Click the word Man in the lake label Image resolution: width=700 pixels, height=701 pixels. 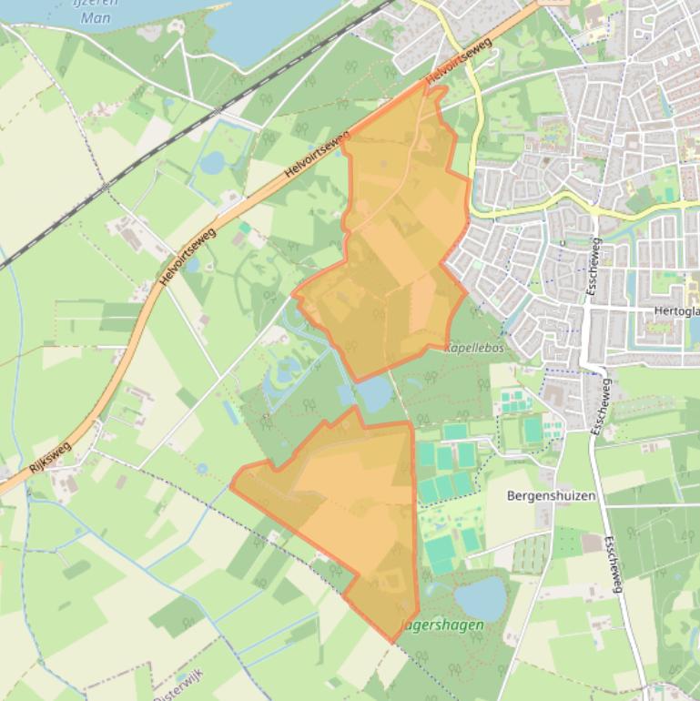click(96, 17)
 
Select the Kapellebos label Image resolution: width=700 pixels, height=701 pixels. click(474, 348)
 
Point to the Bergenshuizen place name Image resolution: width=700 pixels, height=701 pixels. click(552, 496)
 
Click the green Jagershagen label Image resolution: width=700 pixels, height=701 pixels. click(443, 626)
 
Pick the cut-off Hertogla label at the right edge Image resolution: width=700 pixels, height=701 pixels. click(676, 310)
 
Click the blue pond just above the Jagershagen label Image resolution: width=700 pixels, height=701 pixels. click(480, 598)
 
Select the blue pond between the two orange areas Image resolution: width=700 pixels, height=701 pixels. click(375, 394)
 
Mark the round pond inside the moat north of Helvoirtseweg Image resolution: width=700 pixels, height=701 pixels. click(212, 163)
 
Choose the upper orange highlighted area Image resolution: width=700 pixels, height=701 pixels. click(401, 237)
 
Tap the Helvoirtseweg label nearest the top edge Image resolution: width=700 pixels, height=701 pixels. click(459, 63)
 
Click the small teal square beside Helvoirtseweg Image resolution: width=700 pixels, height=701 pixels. click(245, 228)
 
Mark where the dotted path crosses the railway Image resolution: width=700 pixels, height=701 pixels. click(107, 187)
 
